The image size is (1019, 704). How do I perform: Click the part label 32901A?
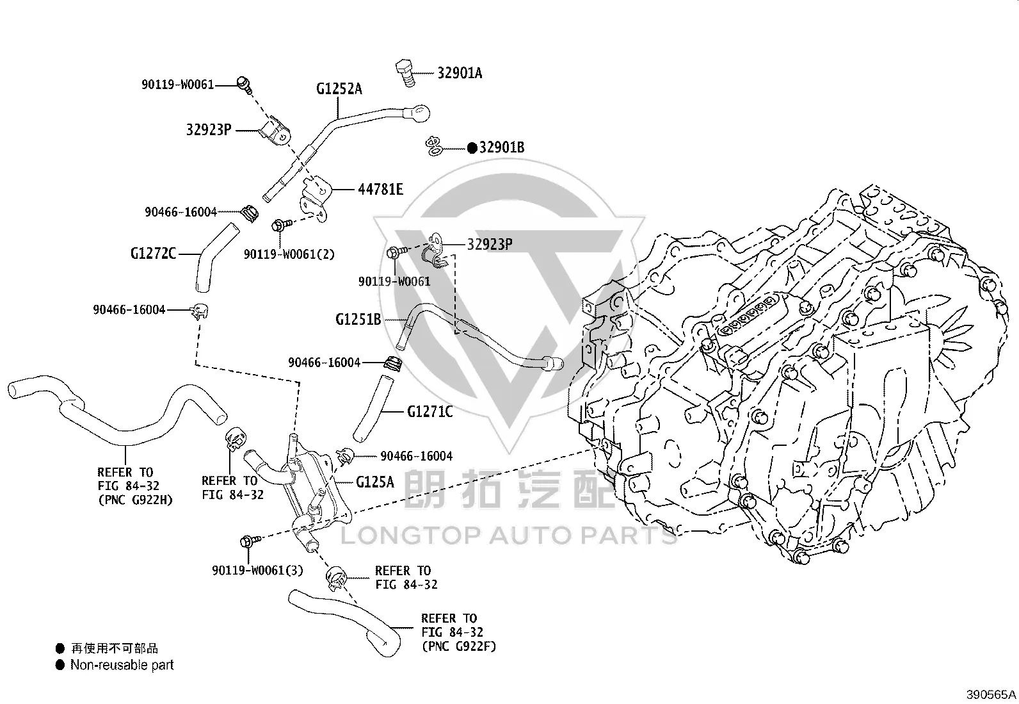pyautogui.click(x=460, y=73)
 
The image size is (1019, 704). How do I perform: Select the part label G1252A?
pyautogui.click(x=339, y=89)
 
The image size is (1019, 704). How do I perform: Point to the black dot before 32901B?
pyautogui.click(x=472, y=147)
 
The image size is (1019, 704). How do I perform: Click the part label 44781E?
pyautogui.click(x=380, y=189)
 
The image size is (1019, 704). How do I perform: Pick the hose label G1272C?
pyautogui.click(x=153, y=253)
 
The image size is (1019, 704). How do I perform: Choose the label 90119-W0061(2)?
pyautogui.click(x=289, y=254)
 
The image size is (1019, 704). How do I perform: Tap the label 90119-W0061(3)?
pyautogui.click(x=257, y=570)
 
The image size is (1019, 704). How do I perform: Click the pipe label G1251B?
pyautogui.click(x=358, y=319)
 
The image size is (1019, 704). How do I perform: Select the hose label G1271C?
pyautogui.click(x=430, y=412)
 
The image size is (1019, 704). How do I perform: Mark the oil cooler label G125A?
pyautogui.click(x=375, y=482)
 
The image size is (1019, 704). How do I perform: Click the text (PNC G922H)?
pyautogui.click(x=136, y=500)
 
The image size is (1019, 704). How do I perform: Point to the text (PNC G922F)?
pyautogui.click(x=458, y=646)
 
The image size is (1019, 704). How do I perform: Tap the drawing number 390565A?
pyautogui.click(x=991, y=694)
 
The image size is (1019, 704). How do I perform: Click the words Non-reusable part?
pyautogui.click(x=122, y=665)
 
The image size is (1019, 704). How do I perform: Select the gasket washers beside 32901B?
pyautogui.click(x=435, y=146)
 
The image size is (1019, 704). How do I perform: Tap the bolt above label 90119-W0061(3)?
pyautogui.click(x=250, y=541)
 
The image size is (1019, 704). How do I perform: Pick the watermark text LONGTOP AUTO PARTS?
pyautogui.click(x=509, y=536)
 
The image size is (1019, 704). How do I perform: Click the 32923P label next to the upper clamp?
pyautogui.click(x=209, y=130)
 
